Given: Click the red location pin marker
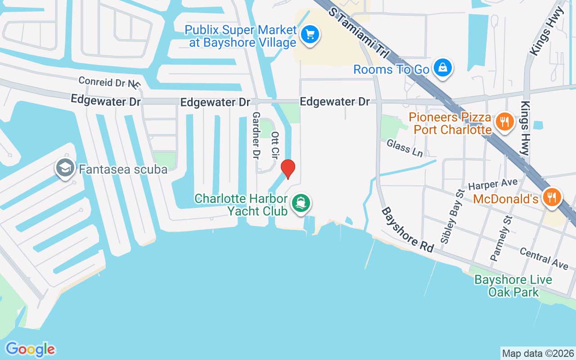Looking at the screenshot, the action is (x=288, y=169).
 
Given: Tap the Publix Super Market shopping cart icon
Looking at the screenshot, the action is (x=310, y=34).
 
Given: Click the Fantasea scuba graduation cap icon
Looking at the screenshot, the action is (x=65, y=168).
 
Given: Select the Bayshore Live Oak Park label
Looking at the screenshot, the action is (x=513, y=286).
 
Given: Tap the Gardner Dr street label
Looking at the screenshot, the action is (x=256, y=135).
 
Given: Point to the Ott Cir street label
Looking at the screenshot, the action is (x=274, y=144).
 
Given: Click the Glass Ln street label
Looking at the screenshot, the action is (x=405, y=148).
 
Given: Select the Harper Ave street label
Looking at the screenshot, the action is (x=493, y=184).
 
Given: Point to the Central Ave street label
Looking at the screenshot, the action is (x=544, y=258).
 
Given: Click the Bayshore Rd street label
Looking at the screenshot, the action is (x=407, y=229).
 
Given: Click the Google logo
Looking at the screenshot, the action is (x=30, y=349).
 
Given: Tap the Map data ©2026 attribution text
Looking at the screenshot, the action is (x=538, y=353).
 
